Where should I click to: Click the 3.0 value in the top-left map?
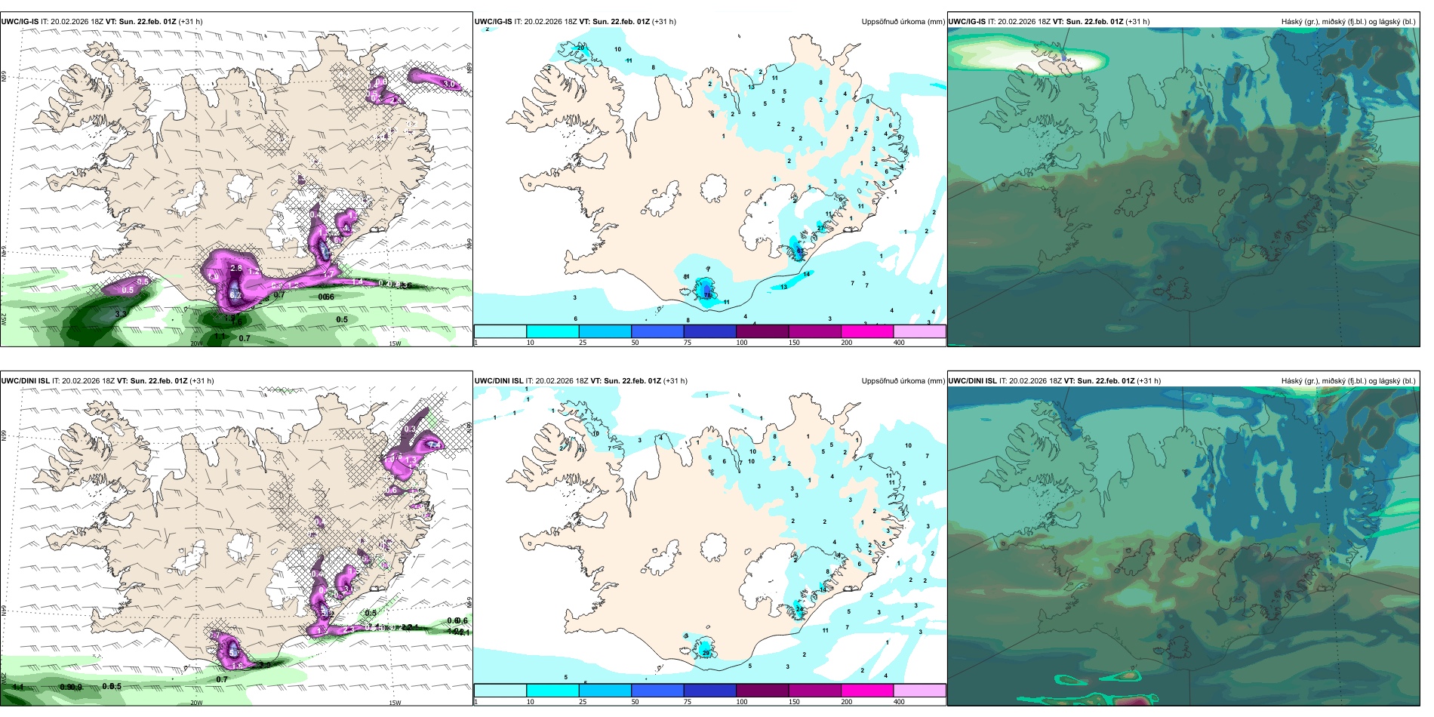pos(449,84)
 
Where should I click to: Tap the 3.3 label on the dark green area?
pos(121,314)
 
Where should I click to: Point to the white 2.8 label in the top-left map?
pos(235,268)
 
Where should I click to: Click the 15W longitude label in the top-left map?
pos(394,343)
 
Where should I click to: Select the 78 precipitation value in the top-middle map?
pos(708,296)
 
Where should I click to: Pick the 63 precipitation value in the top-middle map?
pos(800,250)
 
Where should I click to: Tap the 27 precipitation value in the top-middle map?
pos(820,228)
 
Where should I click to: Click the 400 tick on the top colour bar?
pos(899,343)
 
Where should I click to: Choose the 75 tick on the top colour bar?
pos(688,343)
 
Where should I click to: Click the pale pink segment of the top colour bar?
pos(919,331)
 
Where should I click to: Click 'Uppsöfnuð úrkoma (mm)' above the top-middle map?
pos(903,22)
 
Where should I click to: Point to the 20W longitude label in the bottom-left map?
pos(196,703)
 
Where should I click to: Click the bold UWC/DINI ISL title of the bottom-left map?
pos(25,381)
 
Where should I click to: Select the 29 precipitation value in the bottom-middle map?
pos(706,653)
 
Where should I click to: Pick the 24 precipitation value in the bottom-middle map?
pos(799,608)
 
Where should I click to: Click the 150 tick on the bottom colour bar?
pos(794,702)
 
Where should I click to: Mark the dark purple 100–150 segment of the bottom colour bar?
pos(762,691)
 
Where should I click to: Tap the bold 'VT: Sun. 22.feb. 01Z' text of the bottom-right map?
pos(1099,381)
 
